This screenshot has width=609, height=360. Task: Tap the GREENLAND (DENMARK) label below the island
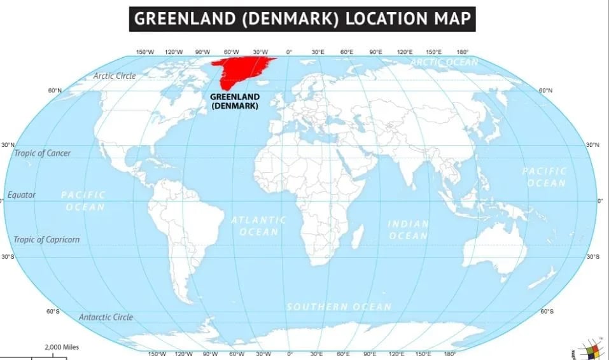point(234,102)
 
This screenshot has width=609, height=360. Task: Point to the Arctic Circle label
point(115,76)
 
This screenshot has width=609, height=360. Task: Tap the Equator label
point(22,195)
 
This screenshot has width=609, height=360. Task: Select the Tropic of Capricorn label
point(47,240)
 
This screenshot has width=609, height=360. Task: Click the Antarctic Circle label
point(106,317)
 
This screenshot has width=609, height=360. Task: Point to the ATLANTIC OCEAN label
point(258,226)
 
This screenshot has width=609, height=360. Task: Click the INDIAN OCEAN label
point(409,230)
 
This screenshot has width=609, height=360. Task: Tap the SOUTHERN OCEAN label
point(339,307)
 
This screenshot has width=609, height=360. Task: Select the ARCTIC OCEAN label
point(444,62)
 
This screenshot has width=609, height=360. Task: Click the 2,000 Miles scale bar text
point(62,347)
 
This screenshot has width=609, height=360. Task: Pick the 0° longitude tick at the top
point(289,52)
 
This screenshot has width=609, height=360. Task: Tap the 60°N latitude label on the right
point(545,90)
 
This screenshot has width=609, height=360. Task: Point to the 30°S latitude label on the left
point(8,256)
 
